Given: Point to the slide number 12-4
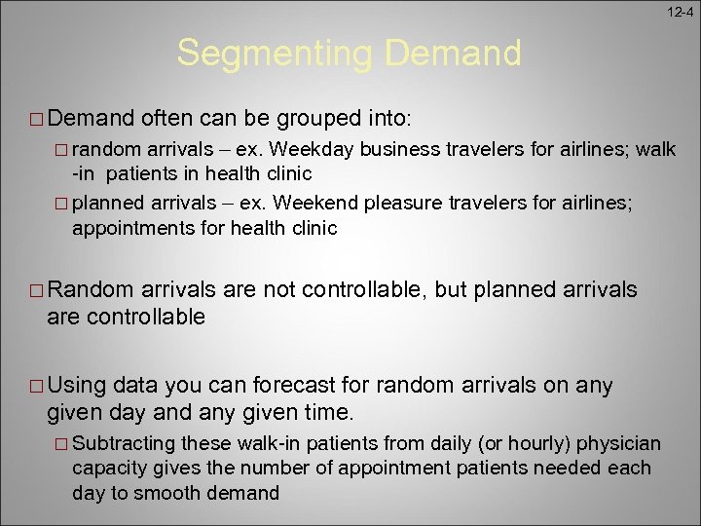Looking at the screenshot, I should click(x=681, y=11).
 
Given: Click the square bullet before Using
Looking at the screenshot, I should click(x=34, y=387).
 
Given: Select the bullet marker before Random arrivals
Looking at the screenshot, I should click(x=34, y=291).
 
